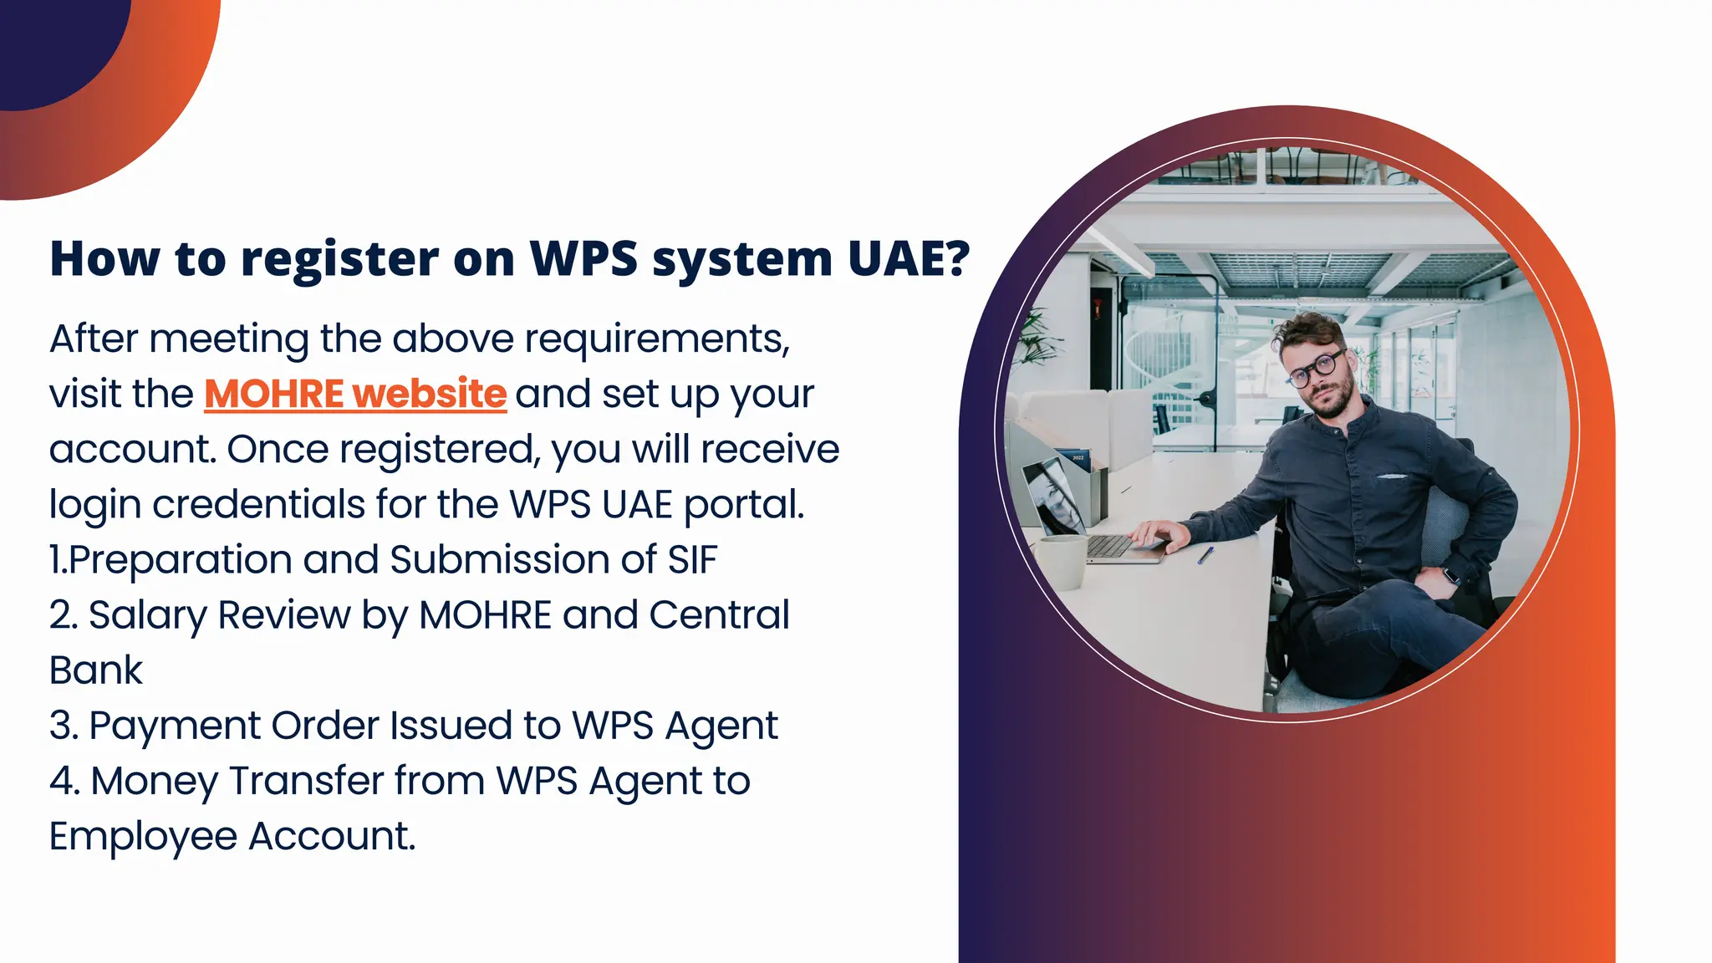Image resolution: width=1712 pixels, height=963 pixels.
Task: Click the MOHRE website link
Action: coord(355,394)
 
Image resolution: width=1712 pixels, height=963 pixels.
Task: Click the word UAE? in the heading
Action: coord(909,258)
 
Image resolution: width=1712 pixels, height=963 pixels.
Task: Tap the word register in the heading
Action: coord(339,260)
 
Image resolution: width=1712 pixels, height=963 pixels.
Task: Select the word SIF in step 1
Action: coord(692,560)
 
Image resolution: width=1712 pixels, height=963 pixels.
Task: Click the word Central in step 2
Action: coord(719,615)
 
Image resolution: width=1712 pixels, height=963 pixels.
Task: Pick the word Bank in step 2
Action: coord(96,670)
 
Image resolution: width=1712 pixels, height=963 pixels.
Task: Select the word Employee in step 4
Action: coord(143,837)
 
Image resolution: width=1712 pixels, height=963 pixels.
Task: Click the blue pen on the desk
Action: coord(1205,554)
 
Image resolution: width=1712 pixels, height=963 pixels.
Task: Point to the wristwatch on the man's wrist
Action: coord(1450,574)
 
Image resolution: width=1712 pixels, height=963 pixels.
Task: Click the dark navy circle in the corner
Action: coord(50,42)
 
